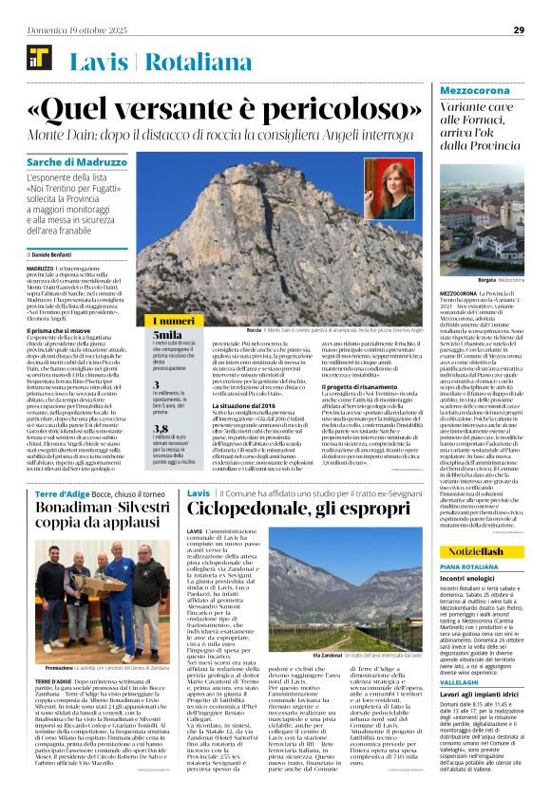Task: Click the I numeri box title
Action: [x=172, y=321]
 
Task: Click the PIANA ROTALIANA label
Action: [x=469, y=566]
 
